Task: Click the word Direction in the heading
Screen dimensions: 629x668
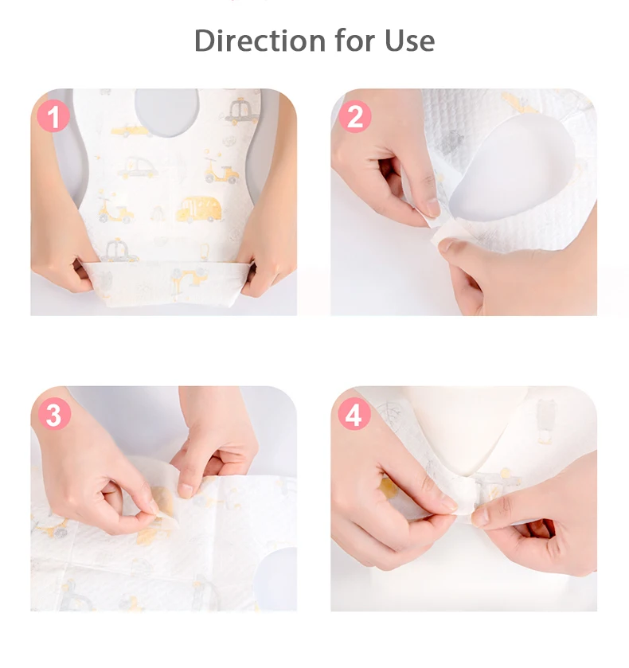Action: click(260, 41)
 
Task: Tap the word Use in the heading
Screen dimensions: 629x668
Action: click(409, 41)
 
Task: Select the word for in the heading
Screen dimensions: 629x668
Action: click(355, 40)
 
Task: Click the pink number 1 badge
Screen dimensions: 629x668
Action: click(53, 116)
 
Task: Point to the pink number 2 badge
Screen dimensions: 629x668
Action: click(354, 116)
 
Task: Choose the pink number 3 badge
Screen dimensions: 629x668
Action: click(54, 414)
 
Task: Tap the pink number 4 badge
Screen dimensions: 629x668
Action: click(354, 414)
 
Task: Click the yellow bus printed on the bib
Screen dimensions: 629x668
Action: click(199, 209)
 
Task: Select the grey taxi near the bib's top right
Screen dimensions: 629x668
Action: click(242, 111)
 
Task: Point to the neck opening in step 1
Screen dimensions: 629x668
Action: click(167, 112)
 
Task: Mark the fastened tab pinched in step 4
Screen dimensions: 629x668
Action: click(465, 497)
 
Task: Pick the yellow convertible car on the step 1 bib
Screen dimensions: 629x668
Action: click(131, 131)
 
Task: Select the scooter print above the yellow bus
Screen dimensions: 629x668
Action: click(221, 170)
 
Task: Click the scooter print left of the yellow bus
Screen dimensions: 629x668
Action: click(116, 209)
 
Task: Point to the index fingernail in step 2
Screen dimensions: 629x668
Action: click(433, 208)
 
